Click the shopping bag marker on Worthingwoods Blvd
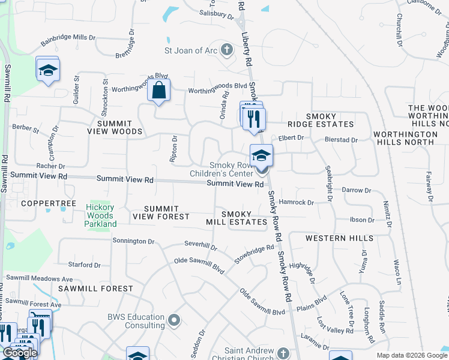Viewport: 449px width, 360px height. pyautogui.click(x=159, y=91)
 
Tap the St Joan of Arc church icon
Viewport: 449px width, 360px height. pyautogui.click(x=227, y=50)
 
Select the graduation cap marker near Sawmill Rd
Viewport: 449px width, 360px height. pyautogui.click(x=47, y=70)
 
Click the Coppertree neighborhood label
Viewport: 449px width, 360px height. pyautogui.click(x=49, y=203)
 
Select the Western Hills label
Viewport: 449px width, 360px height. pyautogui.click(x=339, y=238)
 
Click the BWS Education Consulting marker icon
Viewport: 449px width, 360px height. pyautogui.click(x=174, y=320)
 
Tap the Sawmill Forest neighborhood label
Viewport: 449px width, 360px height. pyautogui.click(x=96, y=289)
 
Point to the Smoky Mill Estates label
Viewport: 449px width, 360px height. pyautogui.click(x=244, y=218)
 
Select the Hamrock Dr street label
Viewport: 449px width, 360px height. pyautogui.click(x=297, y=203)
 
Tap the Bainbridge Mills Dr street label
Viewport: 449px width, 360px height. pyautogui.click(x=68, y=40)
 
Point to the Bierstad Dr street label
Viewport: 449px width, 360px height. pyautogui.click(x=340, y=140)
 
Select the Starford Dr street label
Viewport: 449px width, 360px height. pyautogui.click(x=85, y=265)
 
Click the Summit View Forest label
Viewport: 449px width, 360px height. pyautogui.click(x=161, y=212)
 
